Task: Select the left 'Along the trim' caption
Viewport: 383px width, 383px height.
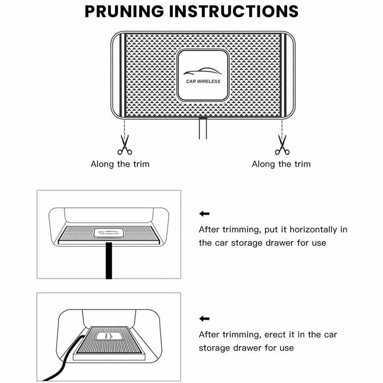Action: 120,164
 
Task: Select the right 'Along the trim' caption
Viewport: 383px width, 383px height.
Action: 281,164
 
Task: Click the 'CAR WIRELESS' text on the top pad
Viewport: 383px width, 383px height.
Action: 203,81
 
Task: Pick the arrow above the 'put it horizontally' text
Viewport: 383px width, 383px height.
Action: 205,214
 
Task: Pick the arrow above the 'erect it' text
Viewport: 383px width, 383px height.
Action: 205,318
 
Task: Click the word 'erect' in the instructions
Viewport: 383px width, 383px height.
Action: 275,335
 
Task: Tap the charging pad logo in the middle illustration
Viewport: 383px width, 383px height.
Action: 108,233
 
